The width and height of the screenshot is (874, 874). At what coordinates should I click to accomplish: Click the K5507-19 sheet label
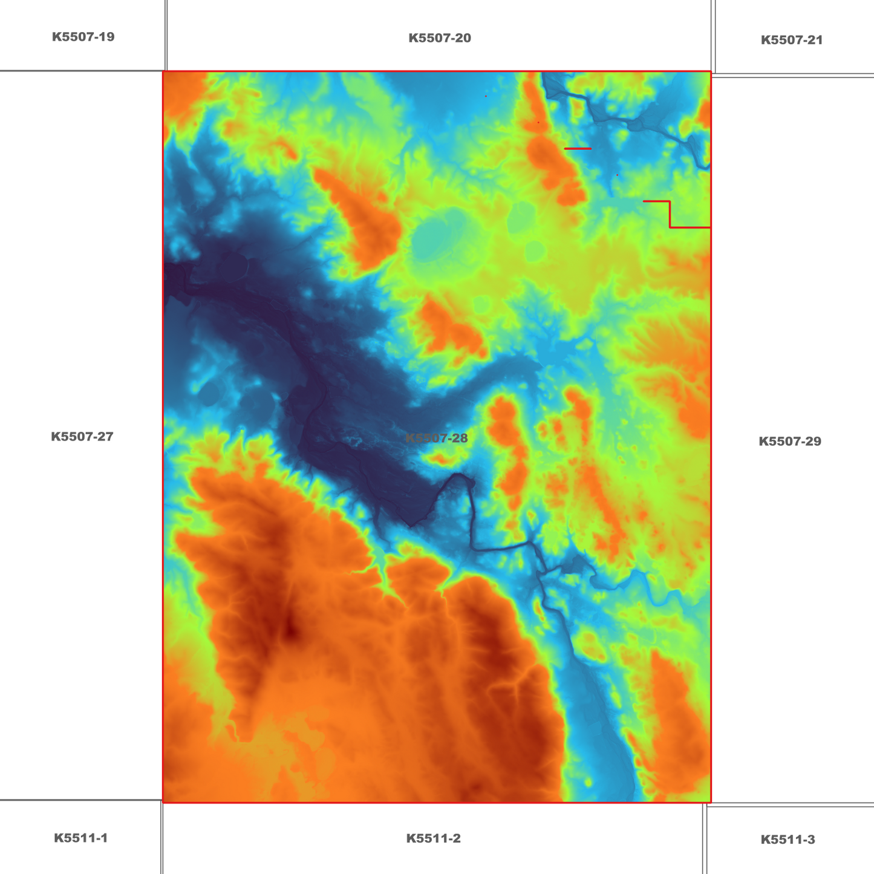click(83, 37)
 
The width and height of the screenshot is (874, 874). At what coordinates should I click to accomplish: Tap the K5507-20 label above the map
click(440, 38)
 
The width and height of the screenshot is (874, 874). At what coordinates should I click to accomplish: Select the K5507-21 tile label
click(792, 40)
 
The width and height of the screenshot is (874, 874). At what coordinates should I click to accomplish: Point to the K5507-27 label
click(82, 437)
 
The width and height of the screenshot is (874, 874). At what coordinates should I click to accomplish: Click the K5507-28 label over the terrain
click(437, 439)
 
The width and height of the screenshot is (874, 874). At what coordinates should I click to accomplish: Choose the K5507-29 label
click(790, 442)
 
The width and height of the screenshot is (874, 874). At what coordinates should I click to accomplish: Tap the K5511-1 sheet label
click(81, 838)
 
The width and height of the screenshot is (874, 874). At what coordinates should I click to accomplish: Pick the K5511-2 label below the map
click(434, 838)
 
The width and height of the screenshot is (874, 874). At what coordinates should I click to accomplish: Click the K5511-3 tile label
click(788, 840)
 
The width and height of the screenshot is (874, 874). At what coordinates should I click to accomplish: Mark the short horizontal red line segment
click(578, 148)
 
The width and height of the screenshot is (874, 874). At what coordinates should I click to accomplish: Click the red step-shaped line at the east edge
click(670, 214)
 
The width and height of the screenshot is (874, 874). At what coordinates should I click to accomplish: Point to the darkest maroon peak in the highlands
click(292, 633)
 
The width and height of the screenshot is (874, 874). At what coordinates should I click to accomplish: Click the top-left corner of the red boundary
click(163, 72)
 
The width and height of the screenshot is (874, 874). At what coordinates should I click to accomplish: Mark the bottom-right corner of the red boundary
click(711, 802)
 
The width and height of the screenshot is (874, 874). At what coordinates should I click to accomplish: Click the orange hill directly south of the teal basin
click(448, 330)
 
